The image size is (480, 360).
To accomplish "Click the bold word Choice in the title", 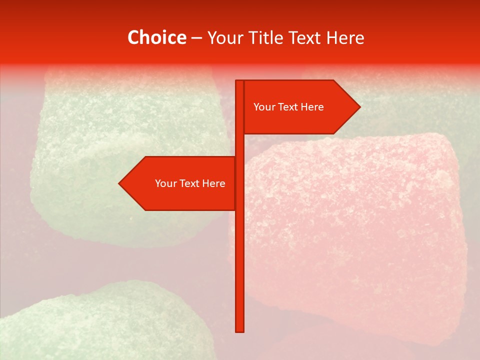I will pyautogui.click(x=156, y=37).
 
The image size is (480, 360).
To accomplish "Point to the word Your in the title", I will pyautogui.click(x=225, y=37).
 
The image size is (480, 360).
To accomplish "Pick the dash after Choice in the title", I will pyautogui.click(x=196, y=38).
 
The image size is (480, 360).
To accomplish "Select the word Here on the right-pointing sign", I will pyautogui.click(x=312, y=107).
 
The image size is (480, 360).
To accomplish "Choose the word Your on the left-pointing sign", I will pyautogui.click(x=165, y=183).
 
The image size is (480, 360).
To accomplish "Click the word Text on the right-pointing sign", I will pyautogui.click(x=288, y=107).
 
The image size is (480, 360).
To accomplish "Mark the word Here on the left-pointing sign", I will pyautogui.click(x=213, y=183).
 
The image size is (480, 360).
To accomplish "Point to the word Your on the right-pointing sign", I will pyautogui.click(x=264, y=107).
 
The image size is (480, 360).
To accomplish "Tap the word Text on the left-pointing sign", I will pyautogui.click(x=189, y=183).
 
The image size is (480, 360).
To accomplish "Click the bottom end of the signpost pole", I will pyautogui.click(x=239, y=330).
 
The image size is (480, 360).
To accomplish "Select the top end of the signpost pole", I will pyautogui.click(x=239, y=82).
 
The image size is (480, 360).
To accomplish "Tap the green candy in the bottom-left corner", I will pyautogui.click(x=100, y=325).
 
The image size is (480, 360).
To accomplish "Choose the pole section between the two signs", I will pyautogui.click(x=239, y=145).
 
